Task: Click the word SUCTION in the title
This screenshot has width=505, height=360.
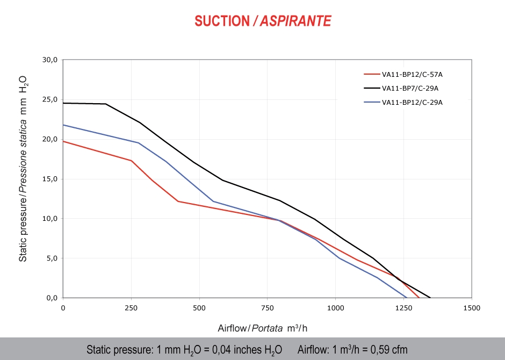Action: tap(221, 21)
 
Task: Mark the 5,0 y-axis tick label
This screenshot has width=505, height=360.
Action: tap(51, 258)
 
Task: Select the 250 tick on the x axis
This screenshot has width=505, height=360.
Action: tap(131, 308)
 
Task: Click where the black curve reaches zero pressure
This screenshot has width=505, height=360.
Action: tap(430, 297)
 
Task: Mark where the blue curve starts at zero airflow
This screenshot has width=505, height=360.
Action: tap(63, 125)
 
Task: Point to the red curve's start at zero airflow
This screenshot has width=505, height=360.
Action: tap(63, 141)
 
